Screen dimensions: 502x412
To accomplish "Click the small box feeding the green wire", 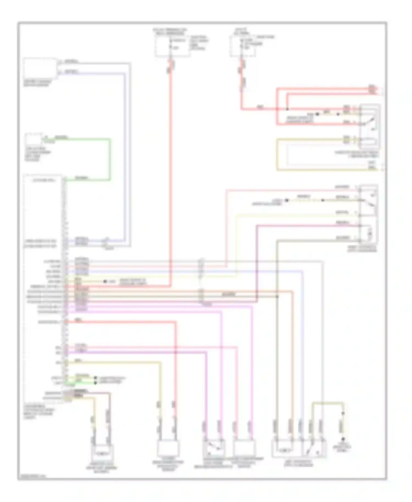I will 34,140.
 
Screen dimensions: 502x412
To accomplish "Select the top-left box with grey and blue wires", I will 40,69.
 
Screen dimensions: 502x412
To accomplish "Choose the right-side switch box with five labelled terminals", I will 368,214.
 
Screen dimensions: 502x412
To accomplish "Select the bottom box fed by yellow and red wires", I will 168,448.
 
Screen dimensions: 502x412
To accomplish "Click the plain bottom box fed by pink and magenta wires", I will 244,448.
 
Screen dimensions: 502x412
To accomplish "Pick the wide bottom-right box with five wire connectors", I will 299,448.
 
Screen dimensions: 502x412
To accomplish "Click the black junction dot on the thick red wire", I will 288,109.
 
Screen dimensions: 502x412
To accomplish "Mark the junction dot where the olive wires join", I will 277,297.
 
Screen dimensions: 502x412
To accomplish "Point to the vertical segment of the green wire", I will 110,159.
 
